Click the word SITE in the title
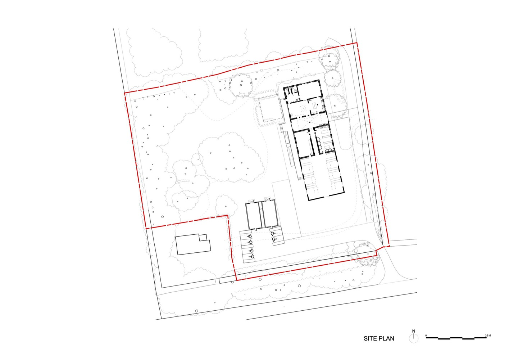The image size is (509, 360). tap(370, 339)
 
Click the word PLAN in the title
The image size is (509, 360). tap(386, 339)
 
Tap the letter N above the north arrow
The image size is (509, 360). tap(414, 331)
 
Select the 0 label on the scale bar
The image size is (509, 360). tap(426, 336)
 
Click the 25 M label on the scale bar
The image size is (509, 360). tap(488, 336)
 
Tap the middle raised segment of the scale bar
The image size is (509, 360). tap(456, 338)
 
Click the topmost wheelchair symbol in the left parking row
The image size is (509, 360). tap(250, 236)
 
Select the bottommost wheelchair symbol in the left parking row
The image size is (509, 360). tap(252, 257)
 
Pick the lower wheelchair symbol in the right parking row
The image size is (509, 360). tap(274, 239)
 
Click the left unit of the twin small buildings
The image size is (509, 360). tap(253, 215)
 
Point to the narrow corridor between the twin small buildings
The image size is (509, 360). tap(262, 215)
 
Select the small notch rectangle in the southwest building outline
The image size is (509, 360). tap(203, 238)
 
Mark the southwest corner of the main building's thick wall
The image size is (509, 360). tap(309, 201)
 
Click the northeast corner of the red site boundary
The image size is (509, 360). tap(357, 43)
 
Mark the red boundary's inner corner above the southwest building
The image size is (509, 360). tap(228, 215)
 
